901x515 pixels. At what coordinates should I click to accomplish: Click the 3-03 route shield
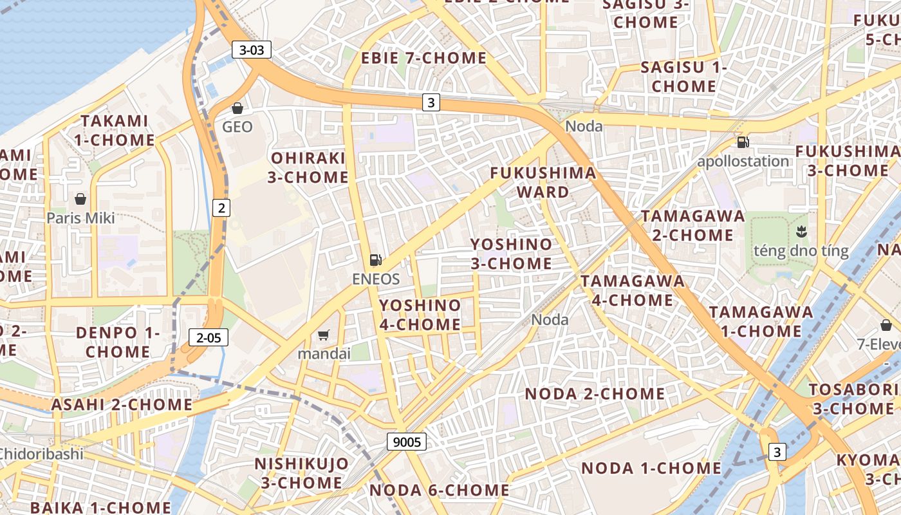[x=252, y=50]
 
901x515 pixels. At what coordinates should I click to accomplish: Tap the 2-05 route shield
[x=209, y=337]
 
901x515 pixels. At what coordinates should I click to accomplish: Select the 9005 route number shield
[x=407, y=442]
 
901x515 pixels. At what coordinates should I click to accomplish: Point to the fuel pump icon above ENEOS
[x=376, y=260]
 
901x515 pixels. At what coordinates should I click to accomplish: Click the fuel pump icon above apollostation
[x=743, y=142]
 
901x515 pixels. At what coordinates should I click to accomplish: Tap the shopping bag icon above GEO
[x=237, y=108]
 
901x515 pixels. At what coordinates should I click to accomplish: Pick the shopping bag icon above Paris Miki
[x=80, y=199]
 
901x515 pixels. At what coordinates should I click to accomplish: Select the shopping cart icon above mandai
[x=324, y=335]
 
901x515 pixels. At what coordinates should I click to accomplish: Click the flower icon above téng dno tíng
[x=801, y=231]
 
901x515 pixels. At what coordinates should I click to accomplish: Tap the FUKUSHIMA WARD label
[x=543, y=182]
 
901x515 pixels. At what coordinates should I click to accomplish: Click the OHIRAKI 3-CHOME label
[x=309, y=167]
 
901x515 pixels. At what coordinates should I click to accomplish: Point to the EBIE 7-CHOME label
[x=423, y=58]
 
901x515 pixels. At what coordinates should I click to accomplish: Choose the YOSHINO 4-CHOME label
[x=420, y=314]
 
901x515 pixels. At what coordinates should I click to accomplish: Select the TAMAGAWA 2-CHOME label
[x=692, y=225]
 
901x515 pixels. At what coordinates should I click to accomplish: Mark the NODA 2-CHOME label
[x=595, y=393]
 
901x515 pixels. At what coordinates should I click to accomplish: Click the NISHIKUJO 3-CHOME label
[x=301, y=473]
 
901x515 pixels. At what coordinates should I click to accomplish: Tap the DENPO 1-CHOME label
[x=117, y=342]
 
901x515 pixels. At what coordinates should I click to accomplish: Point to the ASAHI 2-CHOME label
[x=122, y=404]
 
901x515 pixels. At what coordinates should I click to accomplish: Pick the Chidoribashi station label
[x=42, y=453]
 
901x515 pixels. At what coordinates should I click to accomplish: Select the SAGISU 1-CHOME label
[x=683, y=77]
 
